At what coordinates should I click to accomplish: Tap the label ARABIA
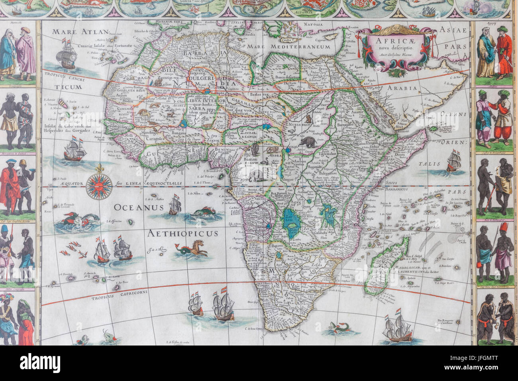coord(405,88)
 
